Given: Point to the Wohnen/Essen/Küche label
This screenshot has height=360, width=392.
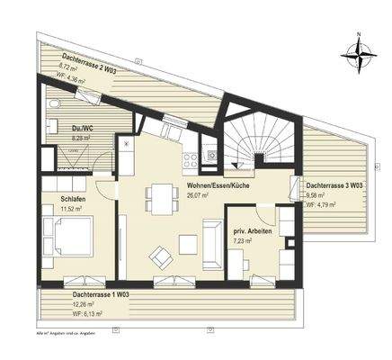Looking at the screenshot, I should [x=217, y=184].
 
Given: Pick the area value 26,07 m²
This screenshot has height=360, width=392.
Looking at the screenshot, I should [x=198, y=193].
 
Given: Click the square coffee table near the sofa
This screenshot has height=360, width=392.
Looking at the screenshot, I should [x=188, y=242].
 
